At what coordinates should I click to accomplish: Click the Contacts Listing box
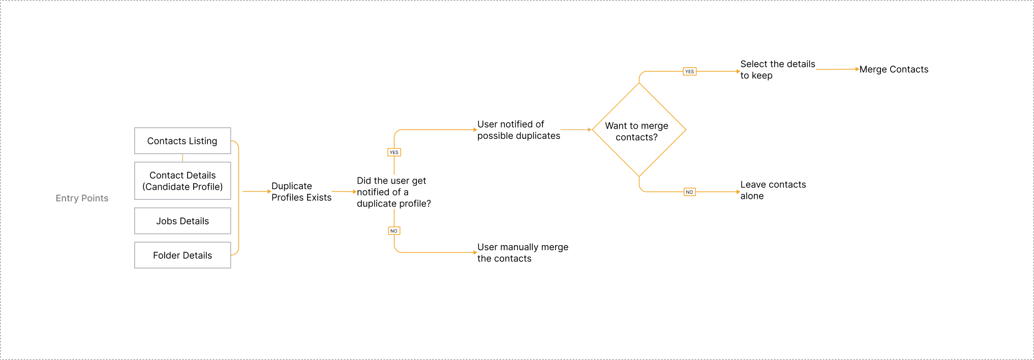tap(183, 141)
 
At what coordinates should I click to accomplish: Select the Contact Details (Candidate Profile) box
tap(183, 181)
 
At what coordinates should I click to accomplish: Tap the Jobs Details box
tap(183, 221)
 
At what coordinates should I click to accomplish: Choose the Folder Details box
tap(183, 255)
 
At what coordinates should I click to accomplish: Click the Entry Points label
tap(82, 198)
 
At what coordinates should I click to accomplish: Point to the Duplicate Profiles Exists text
tap(301, 192)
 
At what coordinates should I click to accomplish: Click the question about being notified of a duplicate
tap(393, 192)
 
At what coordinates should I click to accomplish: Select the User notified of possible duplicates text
tap(519, 130)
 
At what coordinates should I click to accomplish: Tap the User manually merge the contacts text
tap(523, 253)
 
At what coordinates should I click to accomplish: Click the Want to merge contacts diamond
tap(638, 131)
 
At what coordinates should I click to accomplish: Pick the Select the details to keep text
tap(777, 70)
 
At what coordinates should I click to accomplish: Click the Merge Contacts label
tap(894, 70)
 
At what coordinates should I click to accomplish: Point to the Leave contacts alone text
tap(773, 190)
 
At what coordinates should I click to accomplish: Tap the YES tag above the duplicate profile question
tap(394, 153)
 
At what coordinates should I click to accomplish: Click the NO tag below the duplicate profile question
tap(394, 231)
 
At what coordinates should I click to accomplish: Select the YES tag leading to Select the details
tap(689, 72)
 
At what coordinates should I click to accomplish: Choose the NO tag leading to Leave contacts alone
tap(689, 192)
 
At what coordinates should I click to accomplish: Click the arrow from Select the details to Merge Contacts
tap(837, 69)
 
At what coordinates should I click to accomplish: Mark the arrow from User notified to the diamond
tap(576, 130)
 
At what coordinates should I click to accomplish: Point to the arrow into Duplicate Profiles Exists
tap(256, 192)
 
